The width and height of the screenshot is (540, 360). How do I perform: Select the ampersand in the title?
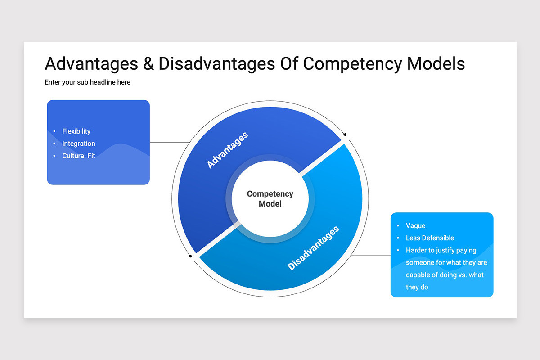coord(148,64)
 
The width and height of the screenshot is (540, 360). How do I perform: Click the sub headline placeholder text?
coord(87,82)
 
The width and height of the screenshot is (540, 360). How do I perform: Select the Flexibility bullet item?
coord(76,131)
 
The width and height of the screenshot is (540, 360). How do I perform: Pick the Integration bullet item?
coord(79,144)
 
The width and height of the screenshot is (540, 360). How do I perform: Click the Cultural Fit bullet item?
coord(79,156)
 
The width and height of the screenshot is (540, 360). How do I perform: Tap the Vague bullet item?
coord(415,226)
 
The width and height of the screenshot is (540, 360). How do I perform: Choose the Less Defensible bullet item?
coord(430,238)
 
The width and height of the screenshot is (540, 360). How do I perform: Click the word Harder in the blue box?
coord(417,250)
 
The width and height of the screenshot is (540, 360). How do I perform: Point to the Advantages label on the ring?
coord(227,150)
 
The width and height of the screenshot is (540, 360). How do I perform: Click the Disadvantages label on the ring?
coord(313,248)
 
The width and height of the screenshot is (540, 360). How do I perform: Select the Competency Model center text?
coord(270,198)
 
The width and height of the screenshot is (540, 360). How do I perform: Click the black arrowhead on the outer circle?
coord(345,134)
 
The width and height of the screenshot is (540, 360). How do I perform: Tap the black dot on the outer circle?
coord(190,256)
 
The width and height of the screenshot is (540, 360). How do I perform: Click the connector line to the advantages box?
coord(169,143)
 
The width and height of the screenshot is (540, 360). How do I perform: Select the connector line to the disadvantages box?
coord(371,255)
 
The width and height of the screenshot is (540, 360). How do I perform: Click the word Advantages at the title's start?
coord(91,64)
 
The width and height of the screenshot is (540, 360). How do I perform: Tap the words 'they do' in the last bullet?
coord(417,287)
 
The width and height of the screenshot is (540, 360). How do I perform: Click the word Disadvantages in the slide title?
coord(216,64)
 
